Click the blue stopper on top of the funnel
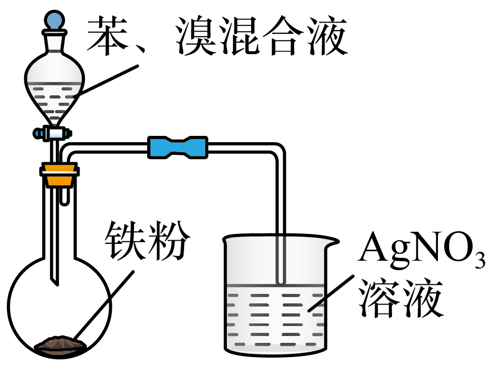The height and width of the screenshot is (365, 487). pos(54,21)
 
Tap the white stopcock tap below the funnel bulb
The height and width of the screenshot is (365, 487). pos(56,133)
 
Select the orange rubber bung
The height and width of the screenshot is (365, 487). pos(60,175)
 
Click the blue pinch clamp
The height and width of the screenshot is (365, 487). pos(178,147)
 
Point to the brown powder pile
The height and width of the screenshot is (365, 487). pos(61,345)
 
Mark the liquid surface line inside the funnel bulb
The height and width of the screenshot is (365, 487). pos(54,83)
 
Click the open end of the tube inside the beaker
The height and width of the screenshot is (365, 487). pos(281,282)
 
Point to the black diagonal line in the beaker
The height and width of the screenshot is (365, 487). pos(317,304)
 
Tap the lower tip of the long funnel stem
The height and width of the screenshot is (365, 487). pos(54,278)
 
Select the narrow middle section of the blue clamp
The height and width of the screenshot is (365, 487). pos(178,147)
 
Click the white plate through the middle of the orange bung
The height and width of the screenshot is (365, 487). pos(60,172)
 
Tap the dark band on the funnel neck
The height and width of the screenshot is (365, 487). pos(54,51)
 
